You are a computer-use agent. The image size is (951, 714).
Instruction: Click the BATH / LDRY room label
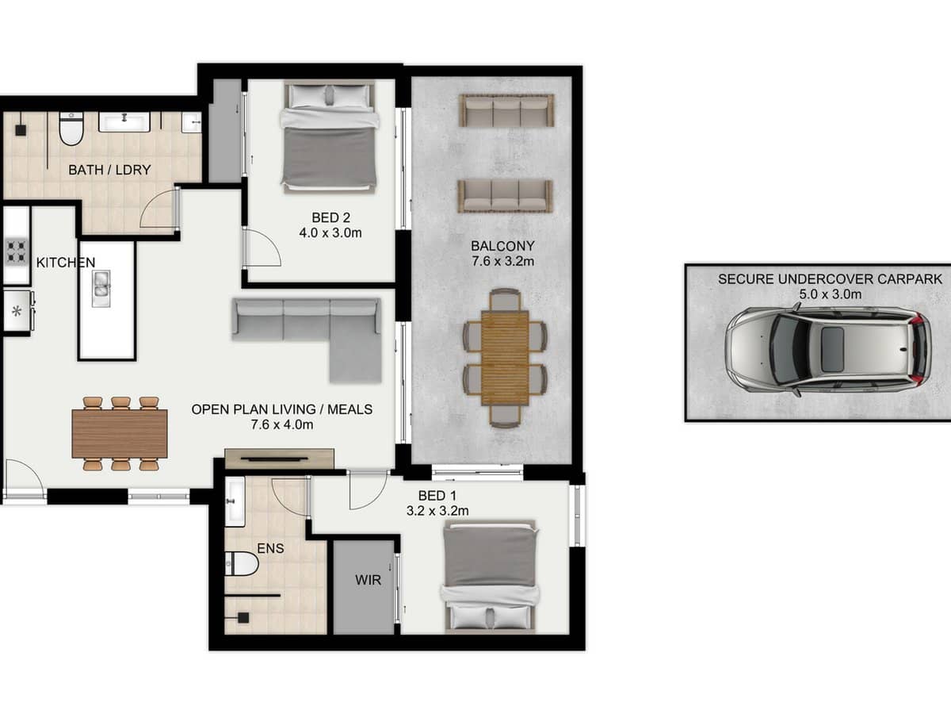pos(109,170)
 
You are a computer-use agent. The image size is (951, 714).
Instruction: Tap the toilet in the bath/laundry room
pos(71,129)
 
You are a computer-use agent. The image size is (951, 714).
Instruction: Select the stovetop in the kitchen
pos(16,251)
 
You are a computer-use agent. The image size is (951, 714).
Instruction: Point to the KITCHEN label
pos(66,263)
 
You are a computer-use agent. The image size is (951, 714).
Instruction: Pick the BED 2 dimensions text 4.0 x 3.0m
pos(330,233)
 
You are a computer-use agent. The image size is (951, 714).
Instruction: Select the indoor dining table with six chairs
pos(120,434)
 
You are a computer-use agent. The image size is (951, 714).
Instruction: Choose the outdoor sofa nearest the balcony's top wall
pos(507,110)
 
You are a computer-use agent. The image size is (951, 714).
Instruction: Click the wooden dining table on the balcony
pos(505,357)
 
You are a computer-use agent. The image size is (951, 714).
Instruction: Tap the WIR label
pos(369,581)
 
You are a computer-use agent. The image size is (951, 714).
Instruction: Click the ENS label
pos(271,547)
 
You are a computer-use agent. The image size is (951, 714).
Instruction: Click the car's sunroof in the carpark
pos(832,350)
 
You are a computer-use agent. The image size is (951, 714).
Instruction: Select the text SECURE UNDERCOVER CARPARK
pos(830,279)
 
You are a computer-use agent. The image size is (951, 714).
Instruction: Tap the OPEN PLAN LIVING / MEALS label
pos(281,410)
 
